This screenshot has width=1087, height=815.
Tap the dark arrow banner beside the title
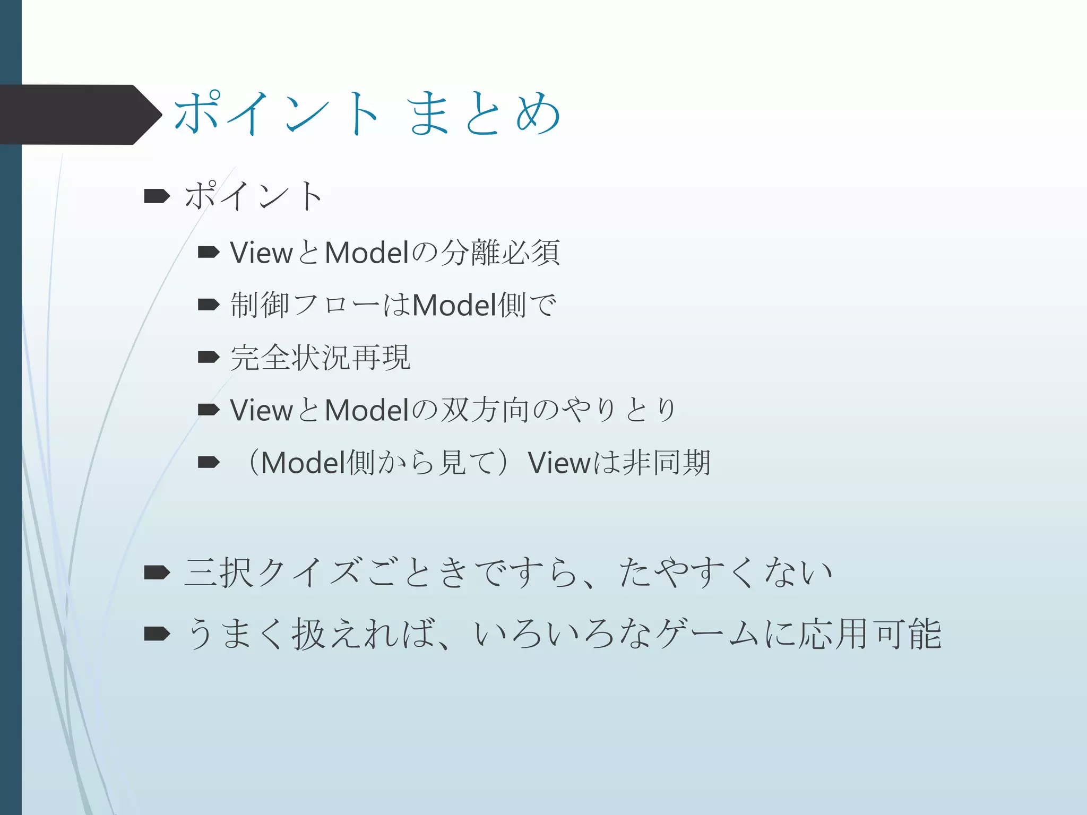tap(80, 115)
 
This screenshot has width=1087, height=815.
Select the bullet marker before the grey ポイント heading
tap(157, 196)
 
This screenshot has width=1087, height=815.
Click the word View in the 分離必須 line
tap(261, 253)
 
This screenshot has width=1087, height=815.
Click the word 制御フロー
tap(305, 305)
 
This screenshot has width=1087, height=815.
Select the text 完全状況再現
tap(321, 357)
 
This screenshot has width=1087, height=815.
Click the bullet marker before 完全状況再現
tap(209, 357)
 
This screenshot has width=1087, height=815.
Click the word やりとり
tap(619, 410)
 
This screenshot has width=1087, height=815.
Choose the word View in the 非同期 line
tap(559, 462)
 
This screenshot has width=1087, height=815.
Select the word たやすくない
tap(725, 573)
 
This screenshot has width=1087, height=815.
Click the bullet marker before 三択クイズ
tap(157, 573)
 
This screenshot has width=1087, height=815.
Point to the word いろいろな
tap(563, 634)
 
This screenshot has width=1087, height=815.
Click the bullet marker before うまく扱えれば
tap(157, 634)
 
